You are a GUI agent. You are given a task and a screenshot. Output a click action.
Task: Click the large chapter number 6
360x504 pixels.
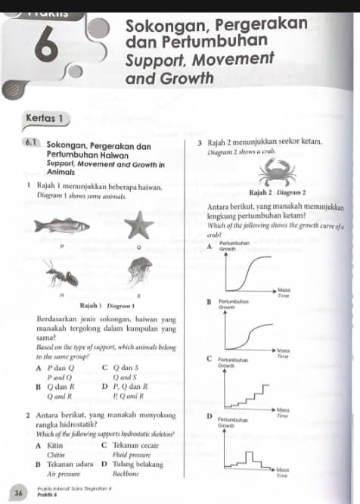point(47,48)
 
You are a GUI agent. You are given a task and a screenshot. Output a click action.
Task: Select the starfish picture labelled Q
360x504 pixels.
point(136,225)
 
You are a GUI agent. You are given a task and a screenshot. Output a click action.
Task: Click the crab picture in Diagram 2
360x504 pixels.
point(271,175)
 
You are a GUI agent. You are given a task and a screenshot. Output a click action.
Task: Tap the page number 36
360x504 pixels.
point(17,492)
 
